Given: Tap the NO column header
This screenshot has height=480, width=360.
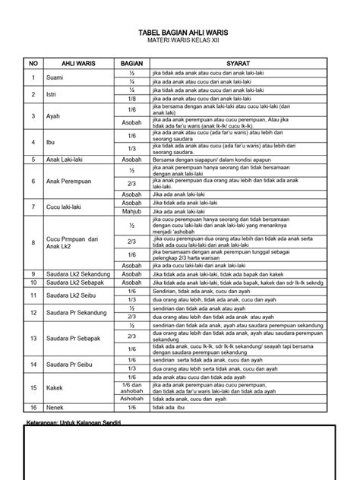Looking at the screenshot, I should pyautogui.click(x=33, y=64).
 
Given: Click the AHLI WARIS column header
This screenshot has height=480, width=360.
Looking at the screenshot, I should pyautogui.click(x=74, y=64).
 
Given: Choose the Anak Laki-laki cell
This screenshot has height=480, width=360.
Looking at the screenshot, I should pyautogui.click(x=69, y=159).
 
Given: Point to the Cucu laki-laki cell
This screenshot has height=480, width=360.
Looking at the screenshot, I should pyautogui.click(x=68, y=207).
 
